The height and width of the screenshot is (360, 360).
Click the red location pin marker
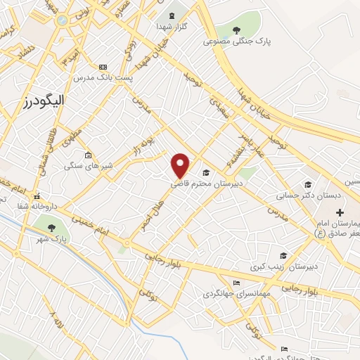(x=181, y=165)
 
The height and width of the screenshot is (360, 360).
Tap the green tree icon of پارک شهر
(x=51, y=226)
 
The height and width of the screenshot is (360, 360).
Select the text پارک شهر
(x=52, y=239)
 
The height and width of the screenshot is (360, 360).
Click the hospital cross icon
(x=340, y=212)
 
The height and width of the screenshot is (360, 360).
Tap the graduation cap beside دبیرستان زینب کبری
(x=283, y=256)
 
